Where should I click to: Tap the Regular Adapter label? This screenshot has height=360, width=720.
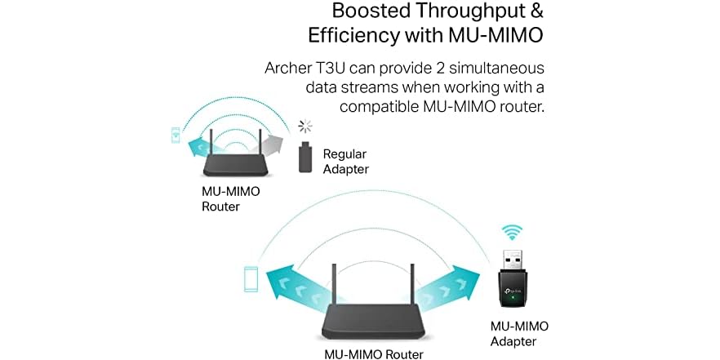pos(346,161)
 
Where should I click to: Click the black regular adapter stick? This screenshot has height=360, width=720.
pos(305,157)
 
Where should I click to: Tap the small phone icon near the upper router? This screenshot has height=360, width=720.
pos(176,135)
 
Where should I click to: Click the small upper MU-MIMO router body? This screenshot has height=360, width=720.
pos(238,168)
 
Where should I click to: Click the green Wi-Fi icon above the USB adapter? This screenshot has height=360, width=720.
pos(513,233)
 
